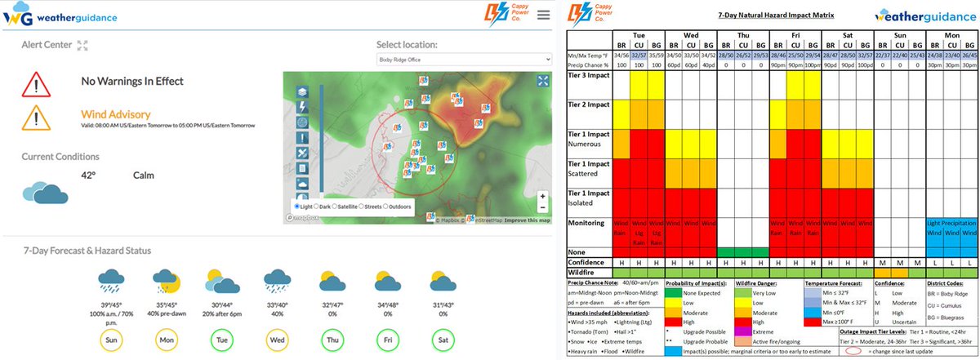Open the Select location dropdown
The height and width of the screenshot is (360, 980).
(463, 60)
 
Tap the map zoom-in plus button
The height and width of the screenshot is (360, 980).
(543, 196)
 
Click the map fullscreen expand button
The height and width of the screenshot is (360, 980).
(543, 80)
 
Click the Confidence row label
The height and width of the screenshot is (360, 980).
(589, 262)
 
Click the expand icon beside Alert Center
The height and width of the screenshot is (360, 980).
(82, 46)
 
